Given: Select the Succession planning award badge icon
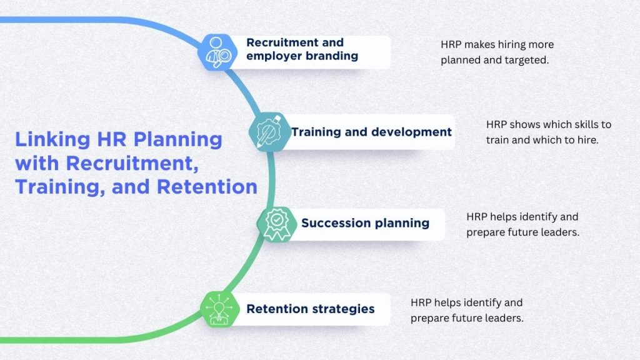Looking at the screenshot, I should [276, 224].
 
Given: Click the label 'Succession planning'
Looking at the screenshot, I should [365, 223].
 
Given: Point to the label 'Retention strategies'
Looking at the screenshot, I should [311, 309].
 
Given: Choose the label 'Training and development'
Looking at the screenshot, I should [371, 132].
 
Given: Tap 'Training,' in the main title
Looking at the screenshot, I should [52, 187].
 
